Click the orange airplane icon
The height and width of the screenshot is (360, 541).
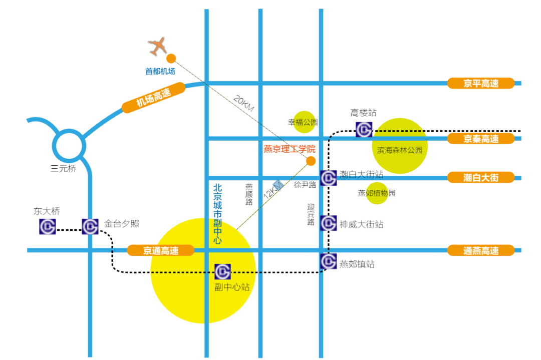(x=158, y=46)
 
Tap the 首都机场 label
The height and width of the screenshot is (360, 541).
(x=160, y=72)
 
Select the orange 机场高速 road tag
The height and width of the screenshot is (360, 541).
(x=154, y=98)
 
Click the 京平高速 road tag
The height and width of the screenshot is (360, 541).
(x=481, y=84)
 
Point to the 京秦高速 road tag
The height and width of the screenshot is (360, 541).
(x=481, y=139)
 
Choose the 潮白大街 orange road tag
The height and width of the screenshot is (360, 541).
(x=481, y=177)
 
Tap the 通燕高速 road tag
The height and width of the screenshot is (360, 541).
(x=481, y=250)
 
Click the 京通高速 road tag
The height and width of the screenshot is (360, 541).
(x=161, y=250)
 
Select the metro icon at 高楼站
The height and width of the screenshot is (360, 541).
(x=364, y=129)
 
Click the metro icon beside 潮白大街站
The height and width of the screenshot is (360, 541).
(x=329, y=178)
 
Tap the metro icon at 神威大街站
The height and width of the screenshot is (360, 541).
(x=329, y=223)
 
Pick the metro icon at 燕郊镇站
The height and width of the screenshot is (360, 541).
(x=329, y=261)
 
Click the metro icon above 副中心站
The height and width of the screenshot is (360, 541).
(x=222, y=271)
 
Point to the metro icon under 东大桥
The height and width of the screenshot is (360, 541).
(x=48, y=227)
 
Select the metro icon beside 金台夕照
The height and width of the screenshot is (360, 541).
(x=90, y=227)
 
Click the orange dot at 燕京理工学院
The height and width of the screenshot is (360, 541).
(x=311, y=161)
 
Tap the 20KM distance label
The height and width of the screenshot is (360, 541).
(x=244, y=103)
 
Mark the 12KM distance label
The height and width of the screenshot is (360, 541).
(x=270, y=190)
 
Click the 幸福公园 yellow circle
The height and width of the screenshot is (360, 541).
(x=304, y=122)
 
